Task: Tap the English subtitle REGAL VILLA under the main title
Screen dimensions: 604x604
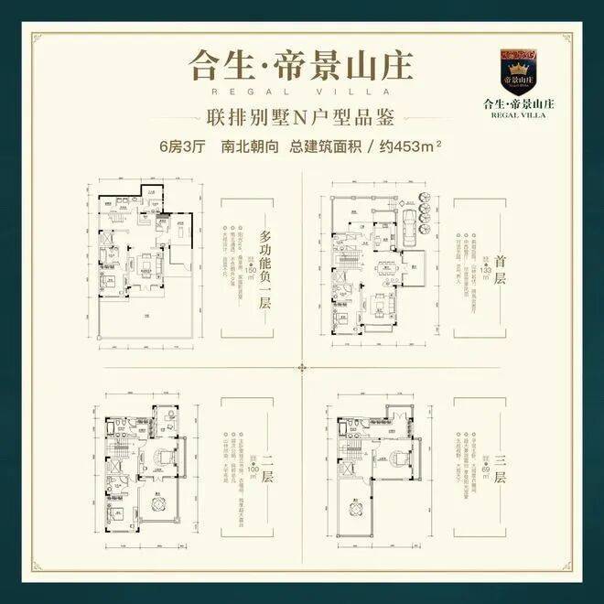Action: (301, 92)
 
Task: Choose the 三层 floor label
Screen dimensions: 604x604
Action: (499, 477)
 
